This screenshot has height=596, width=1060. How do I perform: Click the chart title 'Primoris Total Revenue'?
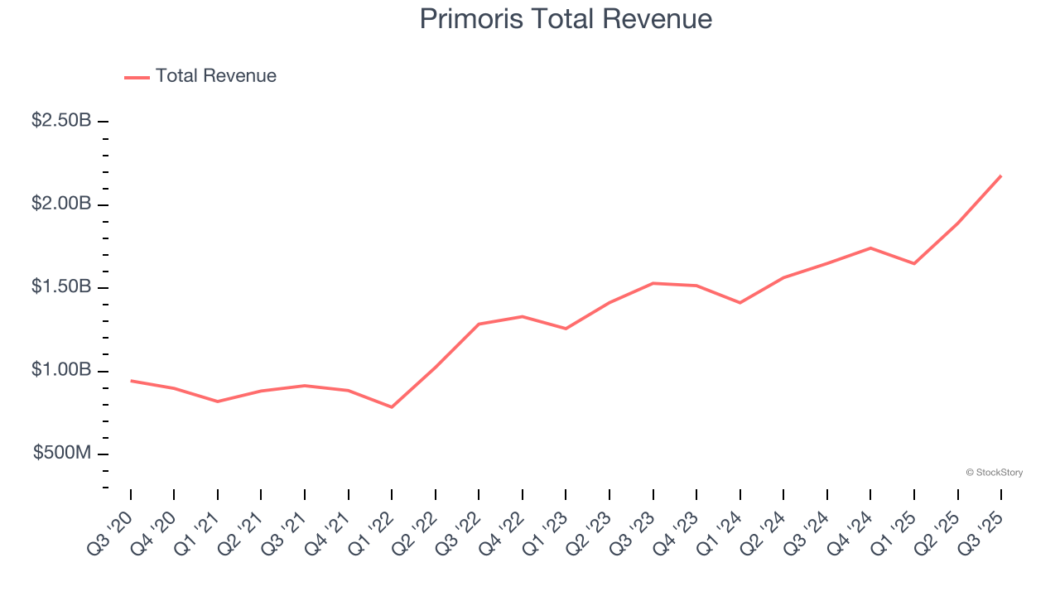pyautogui.click(x=566, y=19)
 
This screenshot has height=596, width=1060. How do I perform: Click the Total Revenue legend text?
pyautogui.click(x=215, y=76)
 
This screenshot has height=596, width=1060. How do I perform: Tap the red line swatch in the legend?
pyautogui.click(x=137, y=77)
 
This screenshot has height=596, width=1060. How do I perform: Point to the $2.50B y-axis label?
pyautogui.click(x=61, y=121)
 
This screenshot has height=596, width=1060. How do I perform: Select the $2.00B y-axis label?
pyautogui.click(x=61, y=204)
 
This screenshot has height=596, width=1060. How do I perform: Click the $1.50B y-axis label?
pyautogui.click(x=61, y=286)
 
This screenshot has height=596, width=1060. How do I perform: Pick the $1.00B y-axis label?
pyautogui.click(x=61, y=370)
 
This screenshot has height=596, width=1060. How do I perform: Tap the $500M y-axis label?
pyautogui.click(x=62, y=453)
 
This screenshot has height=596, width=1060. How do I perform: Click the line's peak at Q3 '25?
pyautogui.click(x=1000, y=175)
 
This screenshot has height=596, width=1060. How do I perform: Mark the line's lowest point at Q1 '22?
pyautogui.click(x=392, y=407)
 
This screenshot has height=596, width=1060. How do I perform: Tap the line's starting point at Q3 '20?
pyautogui.click(x=131, y=381)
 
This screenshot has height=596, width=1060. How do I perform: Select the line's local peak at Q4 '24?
pyautogui.click(x=870, y=248)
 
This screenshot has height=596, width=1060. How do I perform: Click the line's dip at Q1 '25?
pyautogui.click(x=914, y=263)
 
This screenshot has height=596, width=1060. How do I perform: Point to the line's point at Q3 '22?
pyautogui.click(x=479, y=324)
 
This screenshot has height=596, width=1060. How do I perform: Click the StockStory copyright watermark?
pyautogui.click(x=994, y=473)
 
